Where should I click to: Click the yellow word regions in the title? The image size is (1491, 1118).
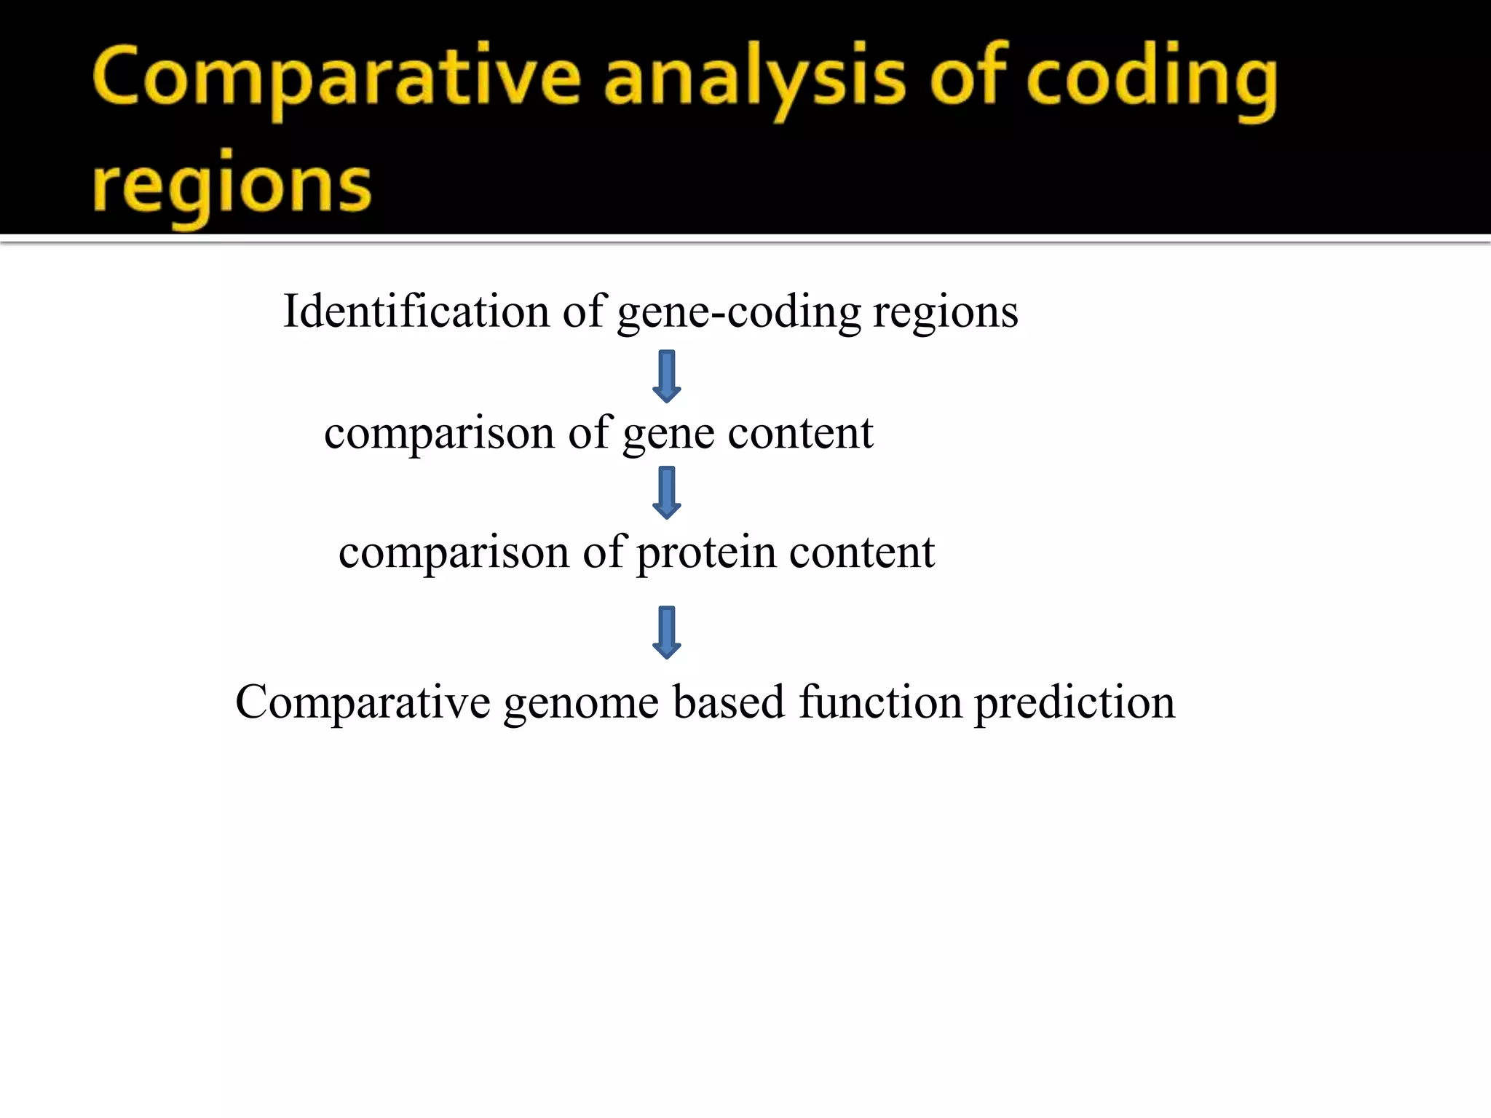(x=232, y=187)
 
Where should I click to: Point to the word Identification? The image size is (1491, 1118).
(x=416, y=312)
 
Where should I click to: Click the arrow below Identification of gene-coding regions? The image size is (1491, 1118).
(x=666, y=376)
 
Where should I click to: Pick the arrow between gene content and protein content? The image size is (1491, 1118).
(x=666, y=493)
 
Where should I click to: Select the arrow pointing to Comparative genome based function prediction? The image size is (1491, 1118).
(x=666, y=632)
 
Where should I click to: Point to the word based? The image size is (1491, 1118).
(x=729, y=702)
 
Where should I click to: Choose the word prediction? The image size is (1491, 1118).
(x=1075, y=704)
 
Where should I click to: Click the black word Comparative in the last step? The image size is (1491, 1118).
(x=363, y=703)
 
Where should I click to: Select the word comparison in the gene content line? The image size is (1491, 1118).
(x=439, y=435)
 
